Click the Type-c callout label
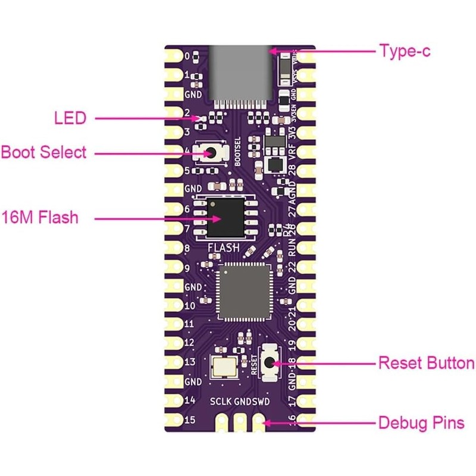[x=405, y=51]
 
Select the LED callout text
[x=70, y=118]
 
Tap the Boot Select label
[x=43, y=152]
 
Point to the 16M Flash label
[x=40, y=218]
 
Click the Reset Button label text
[x=427, y=363]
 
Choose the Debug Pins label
[x=421, y=424]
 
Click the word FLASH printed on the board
[x=223, y=248]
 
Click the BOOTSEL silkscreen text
[x=237, y=154]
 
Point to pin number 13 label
[x=190, y=362]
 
